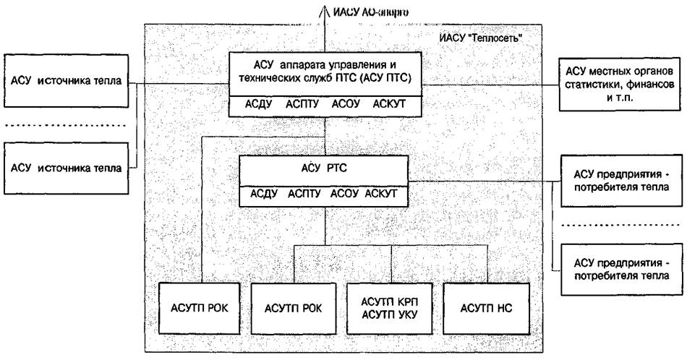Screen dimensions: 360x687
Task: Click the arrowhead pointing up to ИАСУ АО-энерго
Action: [x=326, y=10]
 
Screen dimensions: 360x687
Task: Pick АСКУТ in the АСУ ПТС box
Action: [x=388, y=106]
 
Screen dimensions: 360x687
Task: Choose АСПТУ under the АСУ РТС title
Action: [x=303, y=194]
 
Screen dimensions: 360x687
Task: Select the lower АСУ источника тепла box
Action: [x=66, y=168]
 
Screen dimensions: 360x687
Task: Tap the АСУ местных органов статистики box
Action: [x=620, y=85]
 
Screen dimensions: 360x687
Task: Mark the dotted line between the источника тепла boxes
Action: [x=66, y=125]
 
